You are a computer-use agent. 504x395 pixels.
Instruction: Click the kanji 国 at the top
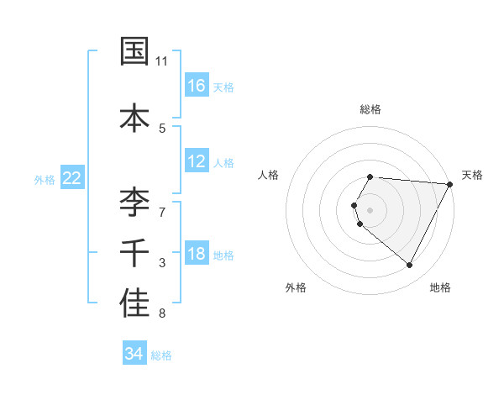point(134,51)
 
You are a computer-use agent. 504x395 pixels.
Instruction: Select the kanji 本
point(134,116)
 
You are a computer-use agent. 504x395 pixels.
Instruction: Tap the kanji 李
point(134,201)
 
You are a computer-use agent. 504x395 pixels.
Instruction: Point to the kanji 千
point(134,252)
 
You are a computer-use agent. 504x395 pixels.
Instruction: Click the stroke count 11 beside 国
point(162,61)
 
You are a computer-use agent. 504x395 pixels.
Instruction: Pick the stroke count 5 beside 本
point(162,128)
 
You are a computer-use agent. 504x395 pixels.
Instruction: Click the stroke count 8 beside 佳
point(162,314)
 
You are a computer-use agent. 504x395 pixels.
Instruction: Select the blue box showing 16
point(197,85)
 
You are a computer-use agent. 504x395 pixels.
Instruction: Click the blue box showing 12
point(197,161)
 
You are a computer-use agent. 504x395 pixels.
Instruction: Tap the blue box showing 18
point(197,254)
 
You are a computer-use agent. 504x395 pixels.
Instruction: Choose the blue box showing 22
point(72,178)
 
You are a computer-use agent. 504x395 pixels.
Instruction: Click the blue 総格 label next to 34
point(161,355)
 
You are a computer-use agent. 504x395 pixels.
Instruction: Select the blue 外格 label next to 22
point(45,180)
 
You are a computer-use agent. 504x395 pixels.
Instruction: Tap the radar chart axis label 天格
point(472,175)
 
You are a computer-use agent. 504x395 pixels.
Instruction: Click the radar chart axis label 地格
point(440,287)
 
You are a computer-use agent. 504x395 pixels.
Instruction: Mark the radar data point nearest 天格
point(450,184)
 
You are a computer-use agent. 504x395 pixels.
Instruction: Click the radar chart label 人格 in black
point(268,175)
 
